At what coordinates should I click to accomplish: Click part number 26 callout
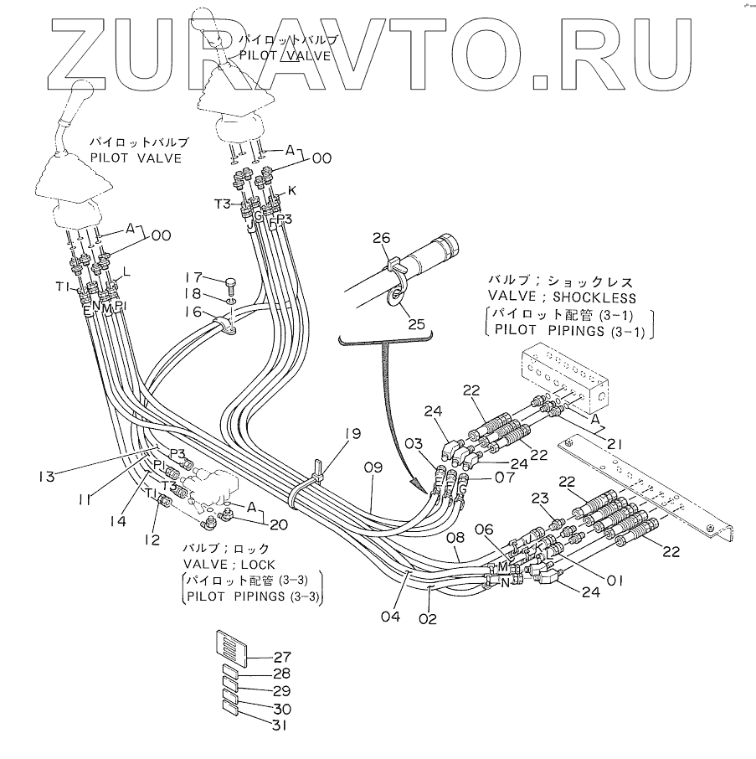pos(381,239)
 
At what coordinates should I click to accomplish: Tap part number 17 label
pos(193,277)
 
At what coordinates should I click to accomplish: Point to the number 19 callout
pos(353,434)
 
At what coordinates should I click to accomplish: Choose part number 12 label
pos(151,540)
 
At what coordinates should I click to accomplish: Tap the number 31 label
pos(280,725)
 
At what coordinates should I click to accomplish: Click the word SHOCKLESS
pos(594,297)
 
